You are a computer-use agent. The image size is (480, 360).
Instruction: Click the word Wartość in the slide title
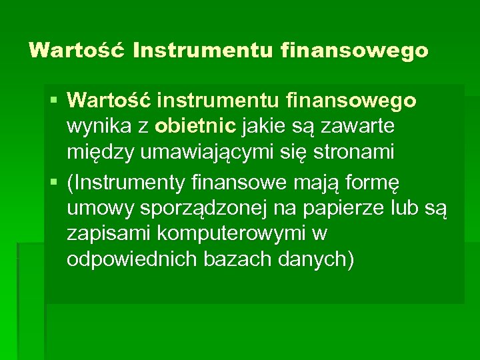tap(77, 50)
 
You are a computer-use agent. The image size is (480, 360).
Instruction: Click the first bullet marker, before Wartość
tap(54, 101)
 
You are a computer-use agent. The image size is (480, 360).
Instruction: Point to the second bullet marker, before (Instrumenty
tap(54, 183)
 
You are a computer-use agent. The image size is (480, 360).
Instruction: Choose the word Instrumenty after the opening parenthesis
tap(131, 181)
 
